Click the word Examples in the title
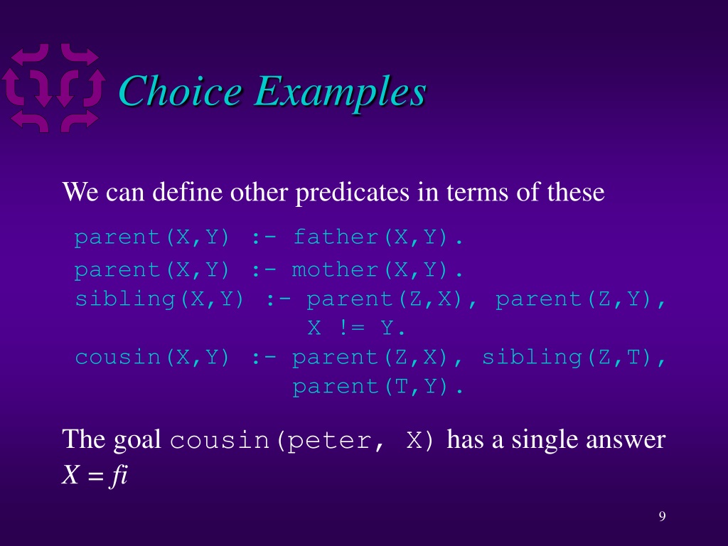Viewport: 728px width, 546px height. click(x=340, y=93)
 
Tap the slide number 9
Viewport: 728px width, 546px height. click(x=662, y=516)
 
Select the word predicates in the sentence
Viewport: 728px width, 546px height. click(x=353, y=192)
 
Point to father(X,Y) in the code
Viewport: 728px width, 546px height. click(x=378, y=237)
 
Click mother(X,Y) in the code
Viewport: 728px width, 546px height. click(x=378, y=269)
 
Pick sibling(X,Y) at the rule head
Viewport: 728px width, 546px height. click(x=159, y=299)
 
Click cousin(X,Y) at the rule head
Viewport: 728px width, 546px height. click(x=152, y=358)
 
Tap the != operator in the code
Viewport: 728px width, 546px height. click(x=351, y=328)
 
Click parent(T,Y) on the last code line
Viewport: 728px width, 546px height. click(x=378, y=387)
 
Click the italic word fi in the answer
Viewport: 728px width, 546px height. click(x=118, y=474)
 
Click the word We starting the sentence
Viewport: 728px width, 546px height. click(x=80, y=192)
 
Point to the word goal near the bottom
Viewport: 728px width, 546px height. click(x=137, y=440)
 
